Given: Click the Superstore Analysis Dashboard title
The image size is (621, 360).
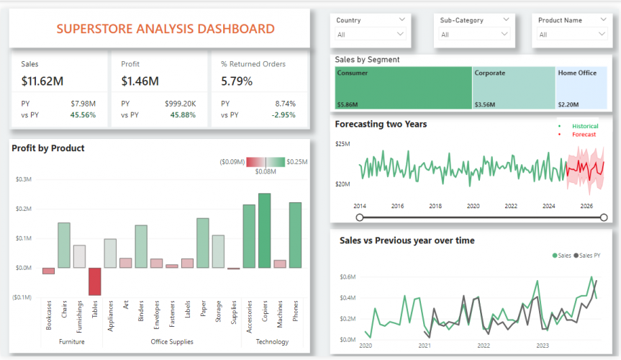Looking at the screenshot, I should pyautogui.click(x=165, y=29).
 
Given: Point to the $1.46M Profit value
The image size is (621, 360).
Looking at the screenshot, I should pyautogui.click(x=140, y=81).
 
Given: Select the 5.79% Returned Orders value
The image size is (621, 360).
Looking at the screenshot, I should pyautogui.click(x=237, y=81).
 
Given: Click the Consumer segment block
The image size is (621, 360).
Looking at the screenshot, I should pyautogui.click(x=403, y=89).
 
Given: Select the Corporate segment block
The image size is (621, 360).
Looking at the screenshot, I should pyautogui.click(x=514, y=89).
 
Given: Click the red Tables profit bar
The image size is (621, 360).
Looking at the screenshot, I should pyautogui.click(x=95, y=281).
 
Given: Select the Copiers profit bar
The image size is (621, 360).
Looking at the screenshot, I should pyautogui.click(x=264, y=230).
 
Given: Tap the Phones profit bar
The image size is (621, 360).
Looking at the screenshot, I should pyautogui.click(x=295, y=235).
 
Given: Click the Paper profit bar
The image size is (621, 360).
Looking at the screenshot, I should pyautogui.click(x=202, y=243).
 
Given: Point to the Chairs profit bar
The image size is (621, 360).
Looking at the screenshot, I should pyautogui.click(x=64, y=245).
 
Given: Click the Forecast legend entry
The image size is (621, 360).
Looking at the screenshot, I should pyautogui.click(x=584, y=135).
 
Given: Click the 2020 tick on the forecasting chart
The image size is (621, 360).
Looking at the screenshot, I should pyautogui.click(x=473, y=206).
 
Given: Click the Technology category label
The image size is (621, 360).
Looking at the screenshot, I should pyautogui.click(x=272, y=342).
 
